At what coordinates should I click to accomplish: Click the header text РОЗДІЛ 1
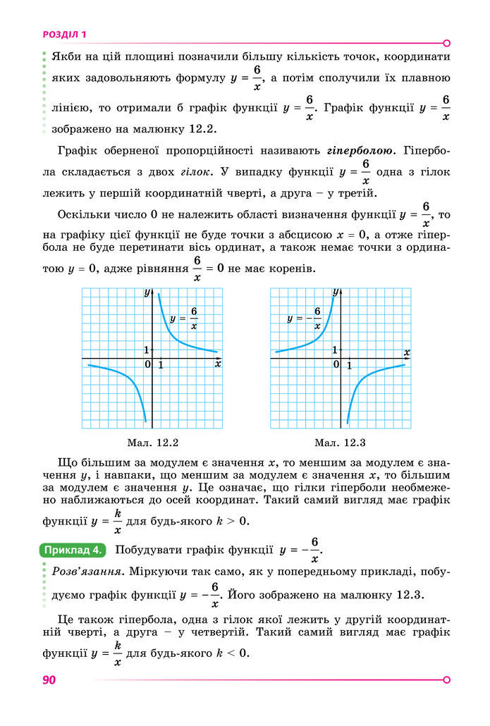(x=64, y=33)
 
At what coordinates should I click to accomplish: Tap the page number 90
(x=49, y=680)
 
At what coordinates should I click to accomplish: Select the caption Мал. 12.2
(x=153, y=443)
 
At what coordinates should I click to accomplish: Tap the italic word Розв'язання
(x=78, y=570)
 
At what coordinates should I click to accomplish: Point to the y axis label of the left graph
(x=147, y=291)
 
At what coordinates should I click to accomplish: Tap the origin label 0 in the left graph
(x=148, y=364)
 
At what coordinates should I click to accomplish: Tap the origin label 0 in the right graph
(x=336, y=364)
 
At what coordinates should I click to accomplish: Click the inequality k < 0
(x=234, y=653)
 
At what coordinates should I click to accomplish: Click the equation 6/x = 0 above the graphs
(x=208, y=269)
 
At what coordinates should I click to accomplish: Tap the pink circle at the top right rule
(x=446, y=42)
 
